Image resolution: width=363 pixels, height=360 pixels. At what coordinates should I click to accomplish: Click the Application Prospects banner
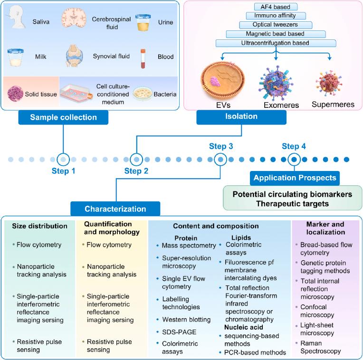[295, 178]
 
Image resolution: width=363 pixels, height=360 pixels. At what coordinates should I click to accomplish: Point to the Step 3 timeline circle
[220, 159]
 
